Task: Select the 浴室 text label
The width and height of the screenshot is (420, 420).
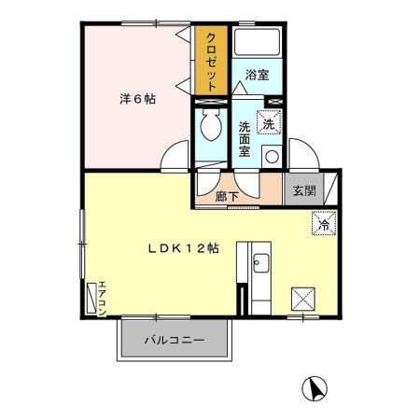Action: click(258, 74)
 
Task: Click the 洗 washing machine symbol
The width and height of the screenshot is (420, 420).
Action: click(269, 122)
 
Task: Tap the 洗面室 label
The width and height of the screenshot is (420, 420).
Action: click(244, 138)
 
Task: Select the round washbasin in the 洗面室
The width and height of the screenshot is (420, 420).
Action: click(272, 157)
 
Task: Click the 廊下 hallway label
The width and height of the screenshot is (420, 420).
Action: click(227, 196)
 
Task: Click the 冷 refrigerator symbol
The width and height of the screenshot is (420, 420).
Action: click(319, 224)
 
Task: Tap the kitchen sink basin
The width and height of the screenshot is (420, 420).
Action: click(259, 264)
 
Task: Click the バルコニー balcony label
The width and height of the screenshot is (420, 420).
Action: click(173, 341)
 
